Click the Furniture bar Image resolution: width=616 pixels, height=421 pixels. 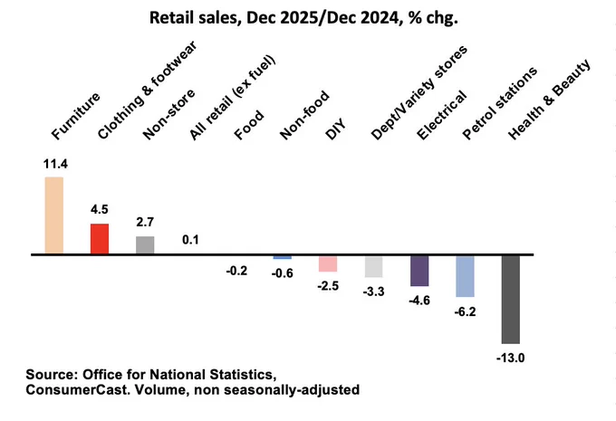pyautogui.click(x=54, y=215)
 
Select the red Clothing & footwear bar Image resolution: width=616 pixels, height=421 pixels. pyautogui.click(x=100, y=239)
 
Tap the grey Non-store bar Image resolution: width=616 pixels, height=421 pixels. pyautogui.click(x=145, y=245)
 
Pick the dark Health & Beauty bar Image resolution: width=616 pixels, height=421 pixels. pyautogui.click(x=511, y=300)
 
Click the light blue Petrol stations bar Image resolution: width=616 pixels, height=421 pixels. pyautogui.click(x=465, y=276)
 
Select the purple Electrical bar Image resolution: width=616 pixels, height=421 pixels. pyautogui.click(x=419, y=271)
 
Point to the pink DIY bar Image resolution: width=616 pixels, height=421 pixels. pyautogui.click(x=328, y=263)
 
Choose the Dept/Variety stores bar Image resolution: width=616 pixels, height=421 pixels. pyautogui.click(x=373, y=267)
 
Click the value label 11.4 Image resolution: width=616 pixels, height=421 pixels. pyautogui.click(x=55, y=164)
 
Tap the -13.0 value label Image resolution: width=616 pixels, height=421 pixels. pyautogui.click(x=510, y=358)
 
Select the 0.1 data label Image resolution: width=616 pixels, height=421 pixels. pyautogui.click(x=190, y=240)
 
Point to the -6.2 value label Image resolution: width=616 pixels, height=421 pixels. pyautogui.click(x=465, y=311)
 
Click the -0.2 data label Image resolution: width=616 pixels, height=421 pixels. pyautogui.click(x=236, y=271)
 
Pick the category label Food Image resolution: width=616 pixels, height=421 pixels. pyautogui.click(x=249, y=125)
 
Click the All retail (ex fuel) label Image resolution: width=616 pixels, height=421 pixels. pyautogui.click(x=232, y=97)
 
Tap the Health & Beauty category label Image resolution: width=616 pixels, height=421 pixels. pyautogui.click(x=549, y=100)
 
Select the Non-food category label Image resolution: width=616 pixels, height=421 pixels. pyautogui.click(x=304, y=115)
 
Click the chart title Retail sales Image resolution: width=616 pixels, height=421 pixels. pyautogui.click(x=196, y=18)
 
